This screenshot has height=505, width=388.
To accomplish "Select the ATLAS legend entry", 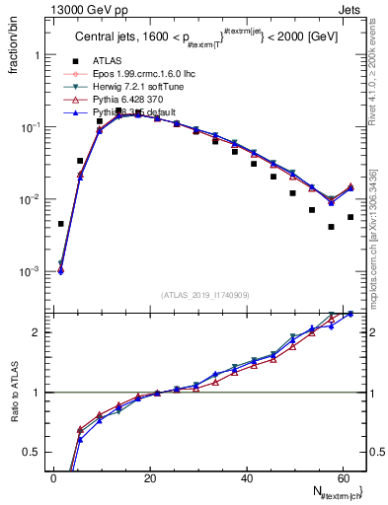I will (117, 61).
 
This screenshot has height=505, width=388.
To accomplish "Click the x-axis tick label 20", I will (150, 478).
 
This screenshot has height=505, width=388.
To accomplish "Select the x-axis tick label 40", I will (247, 478).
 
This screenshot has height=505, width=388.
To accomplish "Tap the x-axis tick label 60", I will (343, 478).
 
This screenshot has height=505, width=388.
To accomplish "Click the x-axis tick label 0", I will (53, 478).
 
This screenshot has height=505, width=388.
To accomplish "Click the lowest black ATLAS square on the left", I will (61, 224).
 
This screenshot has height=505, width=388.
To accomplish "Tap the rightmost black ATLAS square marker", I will (350, 217).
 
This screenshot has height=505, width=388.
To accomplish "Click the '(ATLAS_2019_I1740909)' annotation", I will (204, 294).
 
